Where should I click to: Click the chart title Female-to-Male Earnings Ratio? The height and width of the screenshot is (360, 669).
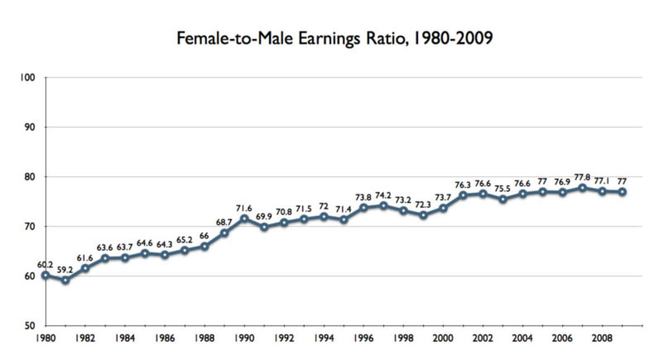[x=334, y=38]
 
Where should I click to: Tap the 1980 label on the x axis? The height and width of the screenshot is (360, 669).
[x=45, y=338]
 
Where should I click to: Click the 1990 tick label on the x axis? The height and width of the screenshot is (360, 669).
[x=244, y=338]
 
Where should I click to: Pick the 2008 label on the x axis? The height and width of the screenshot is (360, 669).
[x=603, y=338]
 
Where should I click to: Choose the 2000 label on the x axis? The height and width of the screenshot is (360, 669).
[x=443, y=338]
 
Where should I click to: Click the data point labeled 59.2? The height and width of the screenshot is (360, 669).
[x=65, y=280]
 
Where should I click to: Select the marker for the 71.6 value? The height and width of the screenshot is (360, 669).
[x=244, y=218]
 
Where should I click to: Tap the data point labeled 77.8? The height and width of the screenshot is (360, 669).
[x=583, y=188]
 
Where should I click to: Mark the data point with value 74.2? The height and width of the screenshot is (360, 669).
[x=384, y=206]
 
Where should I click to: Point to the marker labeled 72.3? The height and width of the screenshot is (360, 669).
[x=423, y=215]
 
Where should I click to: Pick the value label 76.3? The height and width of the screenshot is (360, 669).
[x=463, y=184]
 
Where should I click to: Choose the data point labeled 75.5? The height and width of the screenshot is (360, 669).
[x=503, y=199]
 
